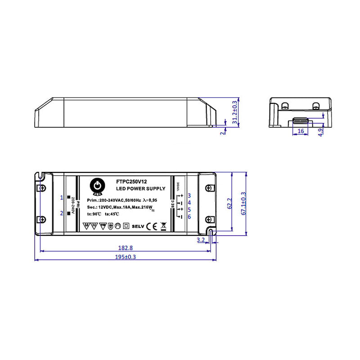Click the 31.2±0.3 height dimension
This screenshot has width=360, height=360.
click(234, 112)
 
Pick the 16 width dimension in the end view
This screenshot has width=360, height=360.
click(301, 131)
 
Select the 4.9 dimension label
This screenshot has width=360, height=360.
click(320, 132)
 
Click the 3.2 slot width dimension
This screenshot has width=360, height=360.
click(201, 240)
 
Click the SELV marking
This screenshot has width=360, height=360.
click(137, 226)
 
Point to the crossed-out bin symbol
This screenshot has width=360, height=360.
click(163, 226)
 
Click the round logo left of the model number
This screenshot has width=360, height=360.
click(97, 186)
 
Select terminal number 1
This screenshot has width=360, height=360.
click(62, 198)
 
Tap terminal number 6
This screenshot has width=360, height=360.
click(189, 217)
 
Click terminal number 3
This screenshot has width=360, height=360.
click(189, 195)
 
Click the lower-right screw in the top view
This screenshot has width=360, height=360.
click(208, 219)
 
